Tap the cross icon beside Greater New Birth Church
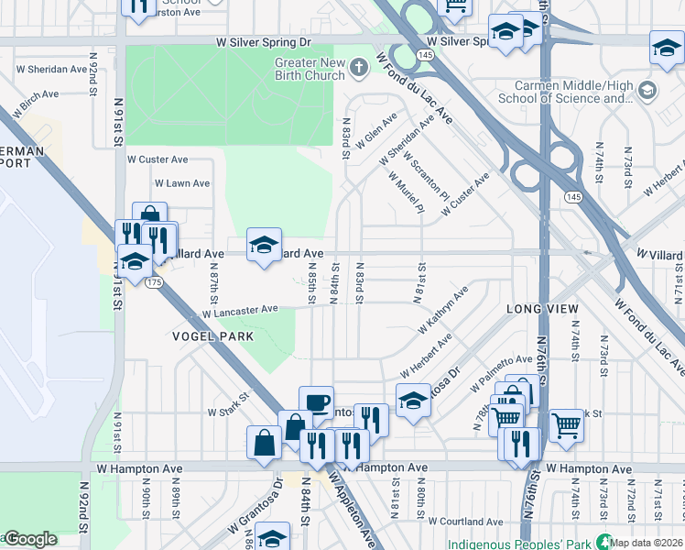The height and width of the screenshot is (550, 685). click(358, 67)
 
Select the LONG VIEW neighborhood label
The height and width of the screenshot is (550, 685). click(543, 310)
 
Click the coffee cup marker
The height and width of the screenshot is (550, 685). click(316, 402)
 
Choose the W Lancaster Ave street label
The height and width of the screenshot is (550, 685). click(240, 312)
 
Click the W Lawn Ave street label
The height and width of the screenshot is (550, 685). click(181, 183)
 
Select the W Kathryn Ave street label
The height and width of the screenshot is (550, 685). click(443, 309)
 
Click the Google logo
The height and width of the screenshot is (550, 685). click(29, 539)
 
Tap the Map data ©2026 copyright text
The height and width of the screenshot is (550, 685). click(647, 543)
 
